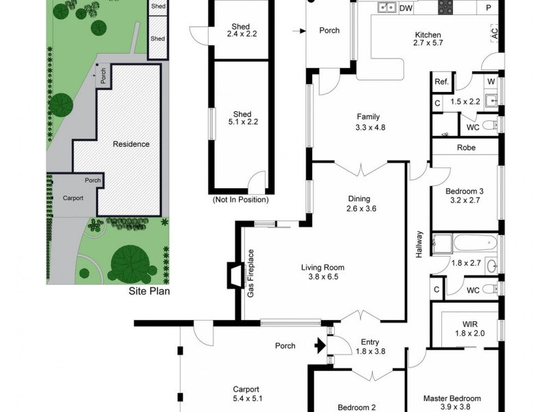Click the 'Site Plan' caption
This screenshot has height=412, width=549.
click(149, 291)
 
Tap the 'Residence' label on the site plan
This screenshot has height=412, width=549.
click(131, 144)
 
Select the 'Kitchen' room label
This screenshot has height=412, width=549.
click(428, 35)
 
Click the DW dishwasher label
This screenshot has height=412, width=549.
click(406, 8)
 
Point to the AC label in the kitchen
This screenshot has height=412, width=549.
click(494, 32)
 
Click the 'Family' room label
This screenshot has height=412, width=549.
click(367, 117)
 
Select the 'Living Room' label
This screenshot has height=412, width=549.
click(323, 268)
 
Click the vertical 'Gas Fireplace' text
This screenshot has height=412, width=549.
click(251, 273)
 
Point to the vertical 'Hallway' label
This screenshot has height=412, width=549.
click(419, 244)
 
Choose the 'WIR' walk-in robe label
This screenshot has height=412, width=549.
click(469, 323)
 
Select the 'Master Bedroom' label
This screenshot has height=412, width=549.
click(452, 398)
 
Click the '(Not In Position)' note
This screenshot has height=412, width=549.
click(240, 200)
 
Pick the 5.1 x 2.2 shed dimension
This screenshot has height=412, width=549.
click(242, 124)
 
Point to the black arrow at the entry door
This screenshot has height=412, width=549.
click(319, 345)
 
